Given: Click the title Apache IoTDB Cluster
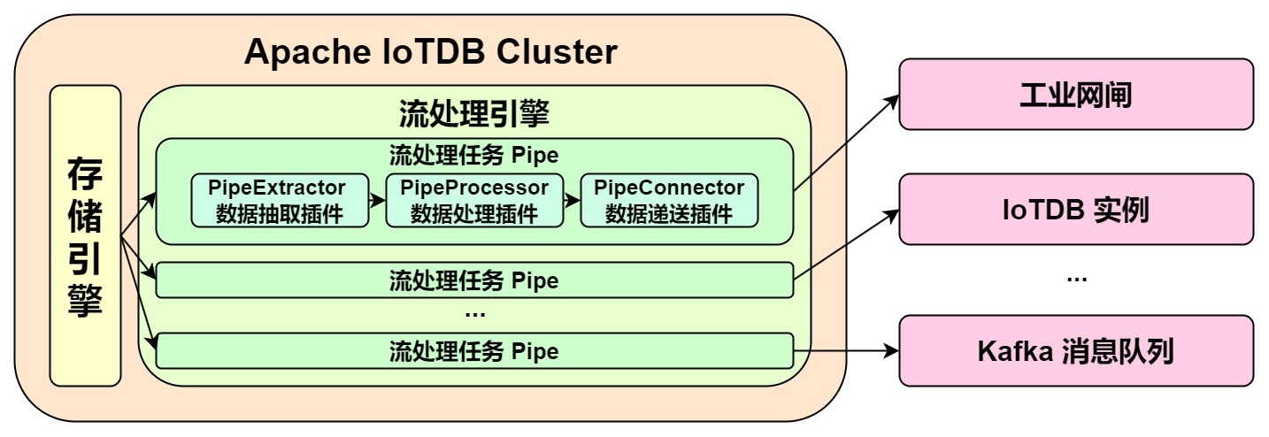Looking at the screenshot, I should coord(430,53).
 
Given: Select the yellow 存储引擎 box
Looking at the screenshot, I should coord(85,235).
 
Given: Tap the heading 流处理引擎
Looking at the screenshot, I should coord(474,113).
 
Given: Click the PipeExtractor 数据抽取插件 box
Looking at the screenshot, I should coord(280,201).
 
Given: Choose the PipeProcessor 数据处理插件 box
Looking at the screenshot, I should coord(474,201).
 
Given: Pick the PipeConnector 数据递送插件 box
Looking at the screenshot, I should coord(669,201).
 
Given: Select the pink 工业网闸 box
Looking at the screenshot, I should coord(1076,95).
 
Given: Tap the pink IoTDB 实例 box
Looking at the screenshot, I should coord(1076,210).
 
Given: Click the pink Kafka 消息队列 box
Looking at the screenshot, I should coord(1076,351).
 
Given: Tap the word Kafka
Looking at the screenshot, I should coord(1011,352).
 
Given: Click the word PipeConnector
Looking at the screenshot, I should coord(669,188).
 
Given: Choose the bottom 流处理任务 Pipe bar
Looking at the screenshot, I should coord(474,351).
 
